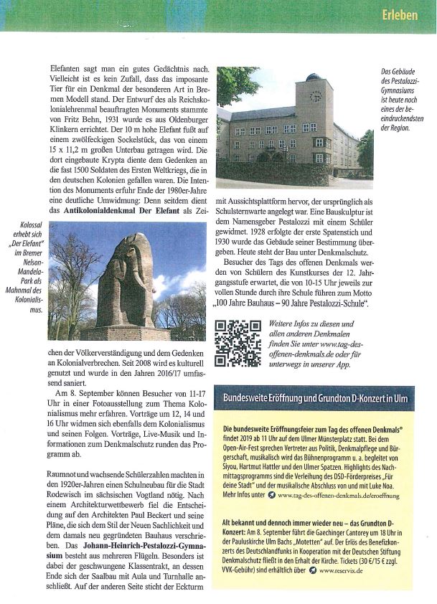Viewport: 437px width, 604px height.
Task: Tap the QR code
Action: click(x=239, y=343)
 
